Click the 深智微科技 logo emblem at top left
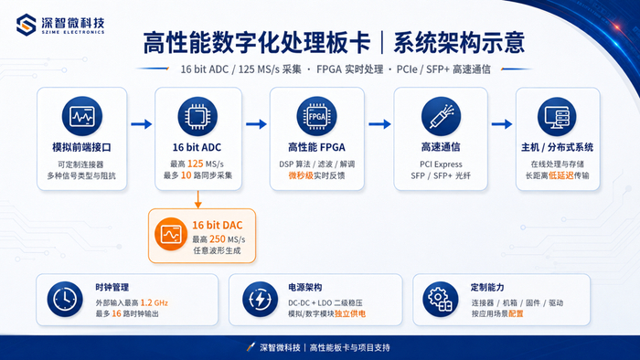[27, 25]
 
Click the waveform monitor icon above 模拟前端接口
[82, 116]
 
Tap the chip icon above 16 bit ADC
[197, 116]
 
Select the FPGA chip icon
[316, 116]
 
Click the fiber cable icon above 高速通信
[441, 116]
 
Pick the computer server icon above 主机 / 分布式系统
[557, 116]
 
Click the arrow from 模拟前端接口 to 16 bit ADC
[141, 124]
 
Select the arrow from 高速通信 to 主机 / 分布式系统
[502, 124]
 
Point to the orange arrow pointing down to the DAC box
[198, 199]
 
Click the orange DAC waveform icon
[171, 235]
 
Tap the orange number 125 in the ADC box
[195, 164]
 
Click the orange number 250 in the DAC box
[218, 238]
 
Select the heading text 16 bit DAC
[218, 225]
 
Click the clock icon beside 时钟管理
[65, 300]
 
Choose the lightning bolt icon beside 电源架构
[260, 300]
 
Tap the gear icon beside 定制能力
[441, 300]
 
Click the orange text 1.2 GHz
[155, 303]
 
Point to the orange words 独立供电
[350, 313]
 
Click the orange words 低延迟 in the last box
[561, 175]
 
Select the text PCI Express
[441, 164]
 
